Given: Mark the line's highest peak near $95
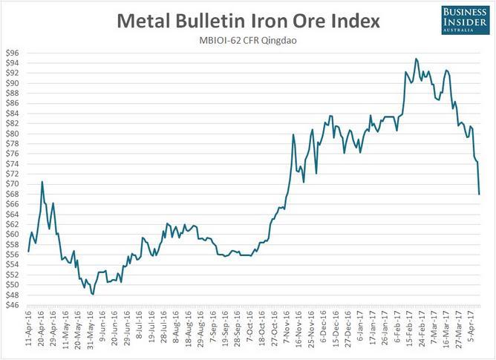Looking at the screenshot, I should point(416,59).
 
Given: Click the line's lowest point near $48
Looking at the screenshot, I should point(93,295).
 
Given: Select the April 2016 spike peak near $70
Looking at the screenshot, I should point(42,182).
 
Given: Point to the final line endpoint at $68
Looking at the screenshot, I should point(479,194).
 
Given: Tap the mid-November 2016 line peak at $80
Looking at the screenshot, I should point(294,134).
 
